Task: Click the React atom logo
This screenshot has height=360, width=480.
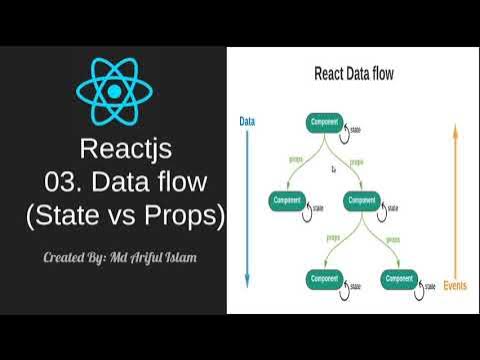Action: click(x=114, y=91)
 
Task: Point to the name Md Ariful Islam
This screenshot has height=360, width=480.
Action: click(x=158, y=258)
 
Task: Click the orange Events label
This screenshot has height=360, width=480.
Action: click(x=455, y=286)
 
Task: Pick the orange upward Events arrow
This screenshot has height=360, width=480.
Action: click(x=455, y=200)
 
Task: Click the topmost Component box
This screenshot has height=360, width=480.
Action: click(x=325, y=122)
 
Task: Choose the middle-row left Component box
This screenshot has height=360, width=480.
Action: click(x=287, y=200)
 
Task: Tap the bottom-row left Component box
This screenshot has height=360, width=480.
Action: click(x=325, y=278)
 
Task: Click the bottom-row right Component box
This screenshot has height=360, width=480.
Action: click(x=400, y=278)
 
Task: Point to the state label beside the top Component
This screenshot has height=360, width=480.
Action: click(x=356, y=129)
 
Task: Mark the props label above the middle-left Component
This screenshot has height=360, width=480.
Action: click(x=296, y=158)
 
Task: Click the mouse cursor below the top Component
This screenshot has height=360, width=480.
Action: click(x=334, y=170)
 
